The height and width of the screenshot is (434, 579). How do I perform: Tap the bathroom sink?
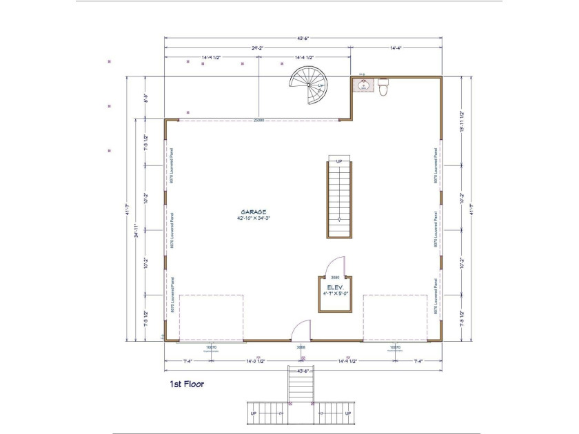[x=364, y=86]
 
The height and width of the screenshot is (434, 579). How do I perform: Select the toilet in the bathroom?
[x=383, y=86]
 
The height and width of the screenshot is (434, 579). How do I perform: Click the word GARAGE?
[x=254, y=212]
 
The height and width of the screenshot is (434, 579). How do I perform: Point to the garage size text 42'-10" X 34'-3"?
[x=254, y=218]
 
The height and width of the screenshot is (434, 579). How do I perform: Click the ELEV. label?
[x=335, y=287]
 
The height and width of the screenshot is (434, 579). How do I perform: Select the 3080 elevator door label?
[x=335, y=278]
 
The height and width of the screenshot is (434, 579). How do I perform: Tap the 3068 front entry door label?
[x=301, y=347]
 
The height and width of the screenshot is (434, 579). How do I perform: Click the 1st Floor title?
[x=187, y=383]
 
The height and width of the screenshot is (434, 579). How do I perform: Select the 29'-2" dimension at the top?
[x=258, y=48]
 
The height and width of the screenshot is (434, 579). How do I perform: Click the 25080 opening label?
[x=258, y=120]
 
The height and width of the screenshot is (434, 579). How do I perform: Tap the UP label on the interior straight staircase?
[x=338, y=161]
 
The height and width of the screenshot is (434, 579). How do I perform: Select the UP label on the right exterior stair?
[x=348, y=413]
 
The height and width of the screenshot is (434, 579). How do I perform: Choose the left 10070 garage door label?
[x=212, y=347]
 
